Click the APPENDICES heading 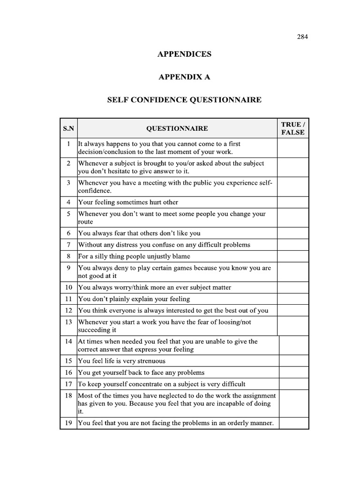point(184,54)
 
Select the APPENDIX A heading point(184,77)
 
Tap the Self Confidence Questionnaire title point(184,100)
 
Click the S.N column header point(68,128)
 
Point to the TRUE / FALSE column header point(293,128)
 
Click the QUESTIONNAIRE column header point(177,128)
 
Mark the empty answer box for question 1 point(293,148)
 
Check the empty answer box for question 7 point(293,245)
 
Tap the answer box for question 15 point(294,361)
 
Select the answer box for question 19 point(294,423)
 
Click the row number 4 point(68,202)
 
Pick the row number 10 point(68,287)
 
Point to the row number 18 point(68,396)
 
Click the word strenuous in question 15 point(150,361)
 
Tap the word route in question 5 point(85,222)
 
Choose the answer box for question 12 point(293,310)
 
